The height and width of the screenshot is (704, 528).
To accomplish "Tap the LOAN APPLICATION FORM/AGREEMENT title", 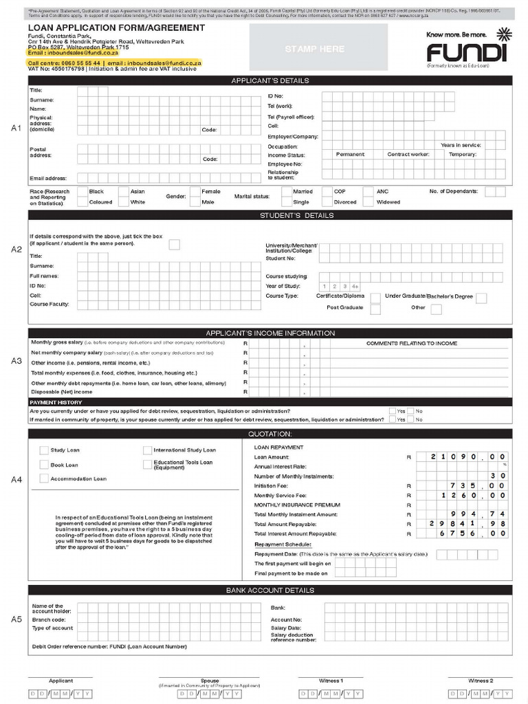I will point(116,27).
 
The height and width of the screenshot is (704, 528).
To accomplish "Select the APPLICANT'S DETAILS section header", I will point(269,80).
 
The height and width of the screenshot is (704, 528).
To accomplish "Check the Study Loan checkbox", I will point(44,450).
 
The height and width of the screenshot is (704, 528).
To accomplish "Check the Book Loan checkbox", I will point(44,465).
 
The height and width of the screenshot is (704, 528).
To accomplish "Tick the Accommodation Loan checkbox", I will point(44,478).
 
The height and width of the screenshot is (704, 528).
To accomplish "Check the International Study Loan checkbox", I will point(148,450).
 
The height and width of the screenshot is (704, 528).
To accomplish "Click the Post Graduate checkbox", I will point(375,308).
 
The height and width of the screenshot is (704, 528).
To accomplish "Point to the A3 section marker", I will point(16,361).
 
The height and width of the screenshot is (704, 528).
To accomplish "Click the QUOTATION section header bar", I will point(269,434).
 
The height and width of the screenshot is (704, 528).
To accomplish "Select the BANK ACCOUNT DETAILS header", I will point(269,590).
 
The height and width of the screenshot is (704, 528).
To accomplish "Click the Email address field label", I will point(47,179).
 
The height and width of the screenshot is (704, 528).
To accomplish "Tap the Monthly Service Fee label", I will point(280,495).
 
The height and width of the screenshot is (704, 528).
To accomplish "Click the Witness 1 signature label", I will point(331,681).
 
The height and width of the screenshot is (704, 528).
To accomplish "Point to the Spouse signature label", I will point(210,681).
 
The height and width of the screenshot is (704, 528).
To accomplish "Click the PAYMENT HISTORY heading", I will point(56,402).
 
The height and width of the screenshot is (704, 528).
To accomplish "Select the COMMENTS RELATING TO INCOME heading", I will point(411,343).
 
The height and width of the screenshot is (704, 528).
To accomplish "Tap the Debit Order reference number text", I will point(109,646).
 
